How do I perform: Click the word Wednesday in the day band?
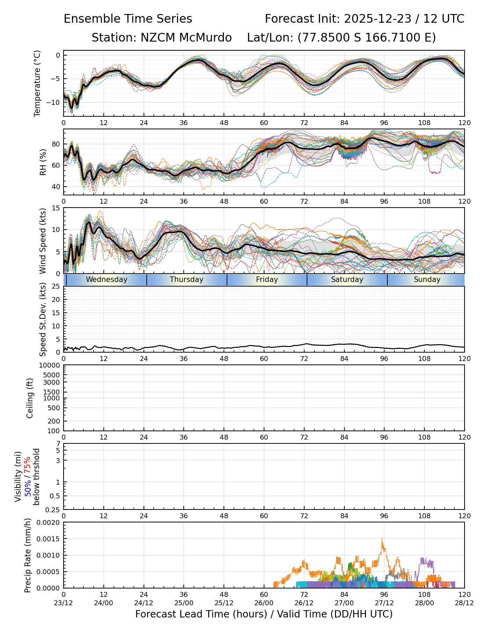(107, 280)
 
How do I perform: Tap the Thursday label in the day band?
(187, 280)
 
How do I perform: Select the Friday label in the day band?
(267, 280)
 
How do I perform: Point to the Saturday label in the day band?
(347, 280)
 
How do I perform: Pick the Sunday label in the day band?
(427, 280)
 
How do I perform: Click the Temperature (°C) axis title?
(37, 83)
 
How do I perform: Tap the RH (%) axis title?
(43, 162)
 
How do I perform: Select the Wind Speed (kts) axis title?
(43, 241)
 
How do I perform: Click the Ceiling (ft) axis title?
(30, 398)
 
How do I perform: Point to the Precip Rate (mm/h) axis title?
(28, 555)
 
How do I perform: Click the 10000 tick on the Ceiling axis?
(50, 366)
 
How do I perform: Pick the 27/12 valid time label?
(384, 603)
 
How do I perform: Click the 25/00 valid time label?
(184, 603)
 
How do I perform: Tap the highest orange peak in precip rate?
(382, 538)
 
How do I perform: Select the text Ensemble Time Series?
(128, 19)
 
